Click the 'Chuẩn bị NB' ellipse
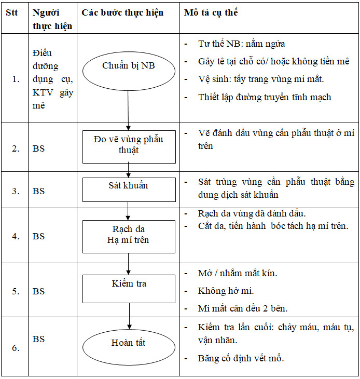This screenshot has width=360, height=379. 128,66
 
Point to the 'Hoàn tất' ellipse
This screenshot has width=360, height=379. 129,343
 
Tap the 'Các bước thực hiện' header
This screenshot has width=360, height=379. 122,12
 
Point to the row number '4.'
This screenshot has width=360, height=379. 16,236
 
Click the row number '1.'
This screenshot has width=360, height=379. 16,79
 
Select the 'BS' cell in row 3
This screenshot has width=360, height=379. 39,191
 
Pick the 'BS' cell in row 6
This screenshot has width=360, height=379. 39,339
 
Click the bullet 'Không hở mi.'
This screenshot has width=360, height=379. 226,291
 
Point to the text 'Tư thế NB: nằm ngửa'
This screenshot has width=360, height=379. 241,44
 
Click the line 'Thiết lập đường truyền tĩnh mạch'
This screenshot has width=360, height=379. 265,97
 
